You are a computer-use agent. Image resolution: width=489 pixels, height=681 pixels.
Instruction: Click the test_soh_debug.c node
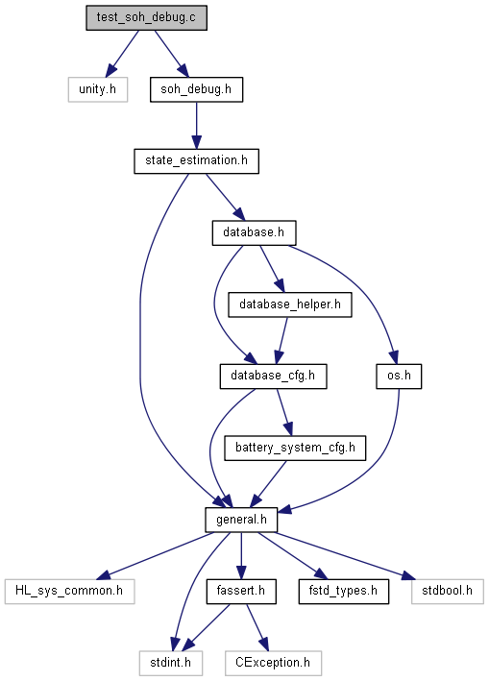point(146,18)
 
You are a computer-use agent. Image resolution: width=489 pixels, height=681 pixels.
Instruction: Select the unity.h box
point(98,89)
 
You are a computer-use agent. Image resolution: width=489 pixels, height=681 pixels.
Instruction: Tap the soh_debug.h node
point(196,89)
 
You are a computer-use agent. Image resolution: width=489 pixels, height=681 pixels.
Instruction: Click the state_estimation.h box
point(196,161)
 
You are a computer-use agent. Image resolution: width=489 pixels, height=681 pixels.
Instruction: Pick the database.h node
point(254,232)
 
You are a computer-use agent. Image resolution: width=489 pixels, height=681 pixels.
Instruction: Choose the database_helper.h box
point(290,304)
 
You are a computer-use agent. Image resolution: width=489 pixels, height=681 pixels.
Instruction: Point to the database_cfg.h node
point(273,377)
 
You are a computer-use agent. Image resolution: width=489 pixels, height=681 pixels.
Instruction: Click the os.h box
point(399,377)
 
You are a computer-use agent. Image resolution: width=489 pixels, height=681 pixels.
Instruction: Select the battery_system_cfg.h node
point(295,448)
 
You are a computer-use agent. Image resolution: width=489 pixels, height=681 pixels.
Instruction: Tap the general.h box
point(241,520)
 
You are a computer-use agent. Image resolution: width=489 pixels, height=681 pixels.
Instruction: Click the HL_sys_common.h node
point(69,591)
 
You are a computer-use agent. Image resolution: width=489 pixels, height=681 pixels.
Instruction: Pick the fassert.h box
point(241,591)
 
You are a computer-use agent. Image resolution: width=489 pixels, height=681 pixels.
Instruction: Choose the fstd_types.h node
point(344,591)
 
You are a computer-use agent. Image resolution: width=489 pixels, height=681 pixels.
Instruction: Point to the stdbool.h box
point(448,591)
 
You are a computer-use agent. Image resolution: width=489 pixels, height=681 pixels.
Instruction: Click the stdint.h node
point(171,663)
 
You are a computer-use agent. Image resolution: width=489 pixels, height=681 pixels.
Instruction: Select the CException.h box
point(273,663)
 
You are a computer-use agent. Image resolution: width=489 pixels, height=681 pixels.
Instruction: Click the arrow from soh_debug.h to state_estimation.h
point(196,126)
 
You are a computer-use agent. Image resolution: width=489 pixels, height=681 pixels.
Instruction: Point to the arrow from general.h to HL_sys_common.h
point(156,555)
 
